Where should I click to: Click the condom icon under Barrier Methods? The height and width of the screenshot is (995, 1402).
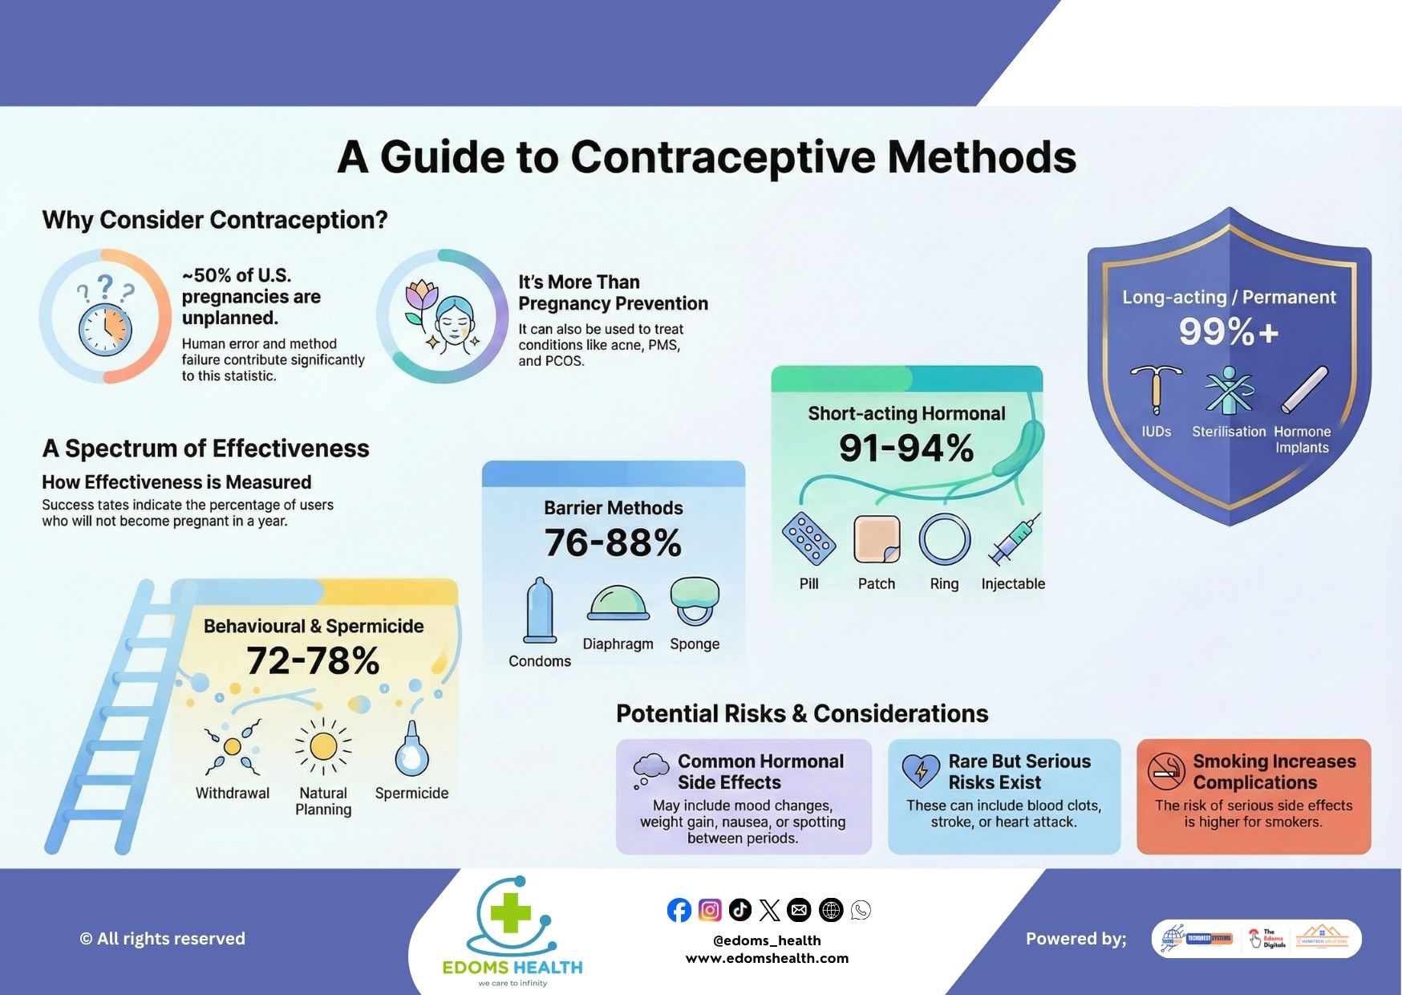540,611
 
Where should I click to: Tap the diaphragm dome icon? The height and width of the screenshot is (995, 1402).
618,603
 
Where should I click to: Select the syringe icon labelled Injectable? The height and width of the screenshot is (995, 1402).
1015,538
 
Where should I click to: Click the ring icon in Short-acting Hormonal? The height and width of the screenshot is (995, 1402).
944,539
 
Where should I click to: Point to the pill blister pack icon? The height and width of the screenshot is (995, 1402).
808,538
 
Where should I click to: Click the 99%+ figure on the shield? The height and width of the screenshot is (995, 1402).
1229,331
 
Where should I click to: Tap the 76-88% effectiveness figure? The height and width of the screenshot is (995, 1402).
614,543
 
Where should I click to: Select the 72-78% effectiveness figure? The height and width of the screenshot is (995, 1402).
313,661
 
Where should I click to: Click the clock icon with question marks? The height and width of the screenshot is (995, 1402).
105,318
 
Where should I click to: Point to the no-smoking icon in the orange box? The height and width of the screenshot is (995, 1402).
1166,771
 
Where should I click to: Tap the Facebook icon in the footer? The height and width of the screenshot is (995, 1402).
679,910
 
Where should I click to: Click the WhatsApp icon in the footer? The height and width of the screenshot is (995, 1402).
861,910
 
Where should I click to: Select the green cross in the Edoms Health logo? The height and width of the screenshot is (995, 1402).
511,913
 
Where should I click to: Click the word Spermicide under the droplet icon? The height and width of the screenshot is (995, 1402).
411,793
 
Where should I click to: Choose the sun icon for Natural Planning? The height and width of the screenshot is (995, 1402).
323,746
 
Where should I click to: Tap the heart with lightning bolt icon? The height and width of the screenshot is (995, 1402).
921,771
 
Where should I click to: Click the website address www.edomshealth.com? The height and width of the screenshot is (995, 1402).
767,958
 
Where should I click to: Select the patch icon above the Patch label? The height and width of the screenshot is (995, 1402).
876,539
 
